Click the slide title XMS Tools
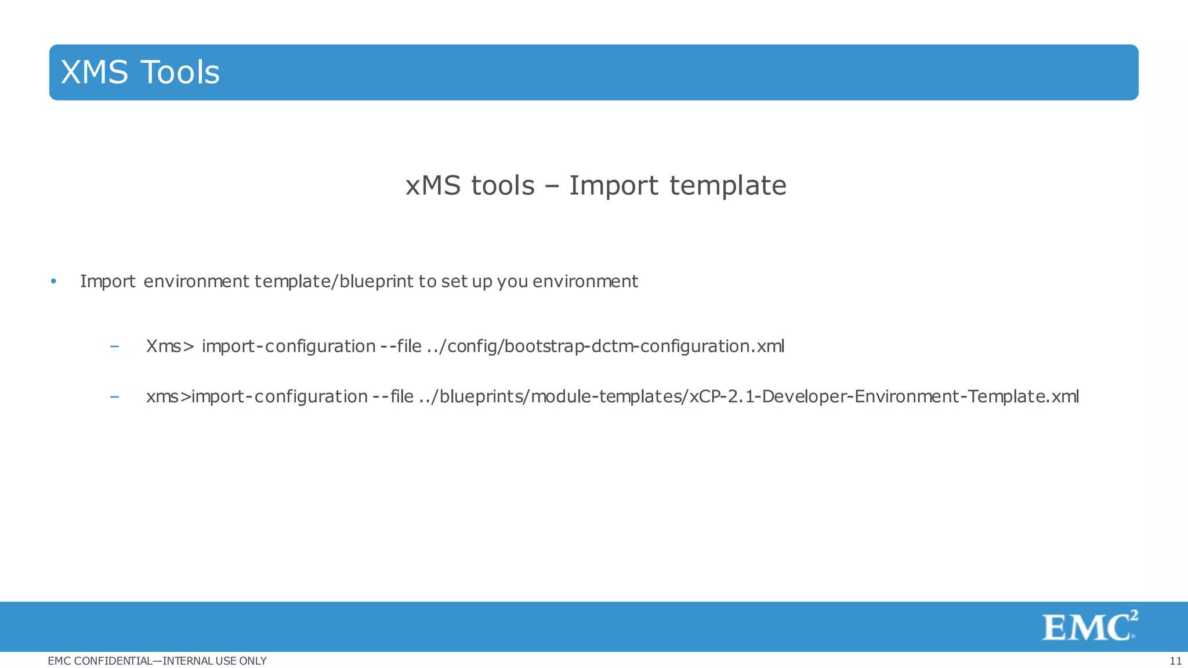140,73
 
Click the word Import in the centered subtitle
614,186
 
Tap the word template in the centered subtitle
728,186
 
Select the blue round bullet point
53,281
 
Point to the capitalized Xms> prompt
170,346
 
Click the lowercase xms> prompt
168,396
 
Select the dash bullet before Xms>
115,346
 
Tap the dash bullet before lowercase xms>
115,396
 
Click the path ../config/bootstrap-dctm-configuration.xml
605,346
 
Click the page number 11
1175,661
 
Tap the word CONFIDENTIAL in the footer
114,661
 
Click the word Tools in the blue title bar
180,73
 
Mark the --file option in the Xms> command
401,346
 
